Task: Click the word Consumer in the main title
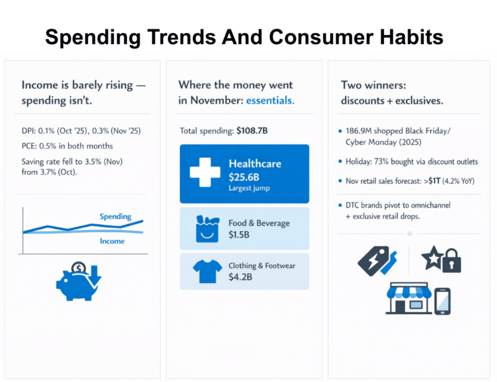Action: pos(321,37)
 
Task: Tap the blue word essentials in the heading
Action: pos(270,100)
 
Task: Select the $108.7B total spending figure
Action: pos(252,131)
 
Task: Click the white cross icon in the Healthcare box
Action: pos(205,172)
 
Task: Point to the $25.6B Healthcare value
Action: pos(244,177)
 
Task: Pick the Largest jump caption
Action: pos(249,188)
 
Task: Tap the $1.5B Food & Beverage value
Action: pos(239,235)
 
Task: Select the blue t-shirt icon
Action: pos(207,271)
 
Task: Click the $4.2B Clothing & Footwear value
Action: pos(240,277)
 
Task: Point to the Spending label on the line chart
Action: pos(116,217)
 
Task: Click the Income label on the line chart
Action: pos(112,241)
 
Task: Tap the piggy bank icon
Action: pos(77,285)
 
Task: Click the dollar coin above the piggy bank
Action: pos(78,268)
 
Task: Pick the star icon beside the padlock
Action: pos(432,257)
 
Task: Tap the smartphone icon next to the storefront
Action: pos(443,301)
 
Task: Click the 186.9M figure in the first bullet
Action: pos(359,131)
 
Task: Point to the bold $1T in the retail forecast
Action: pos(434,181)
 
